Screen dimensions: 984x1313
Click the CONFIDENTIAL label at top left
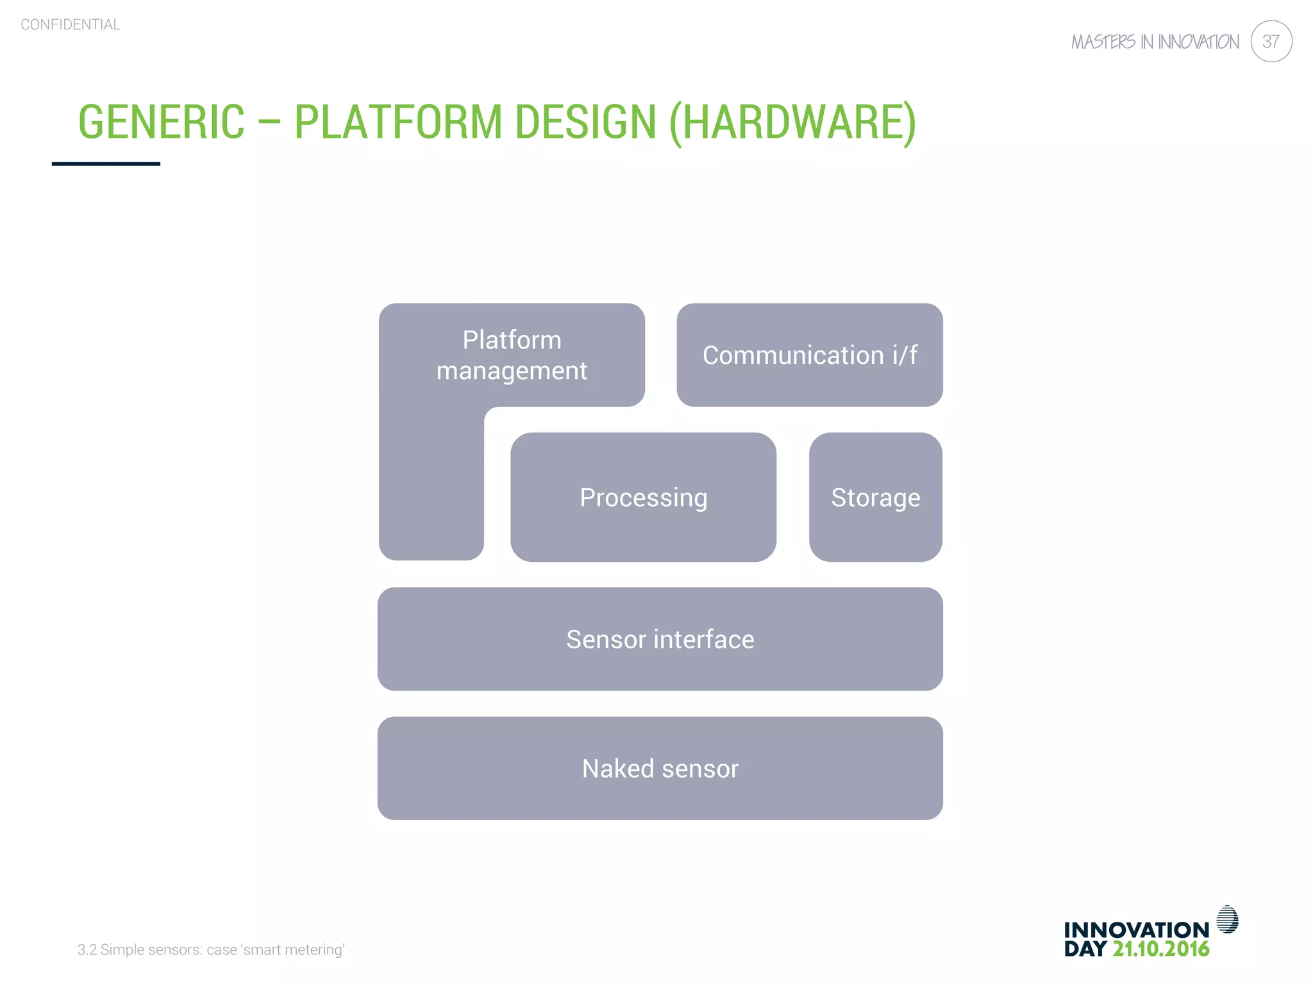pyautogui.click(x=71, y=25)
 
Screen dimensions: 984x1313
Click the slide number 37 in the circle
pyautogui.click(x=1271, y=42)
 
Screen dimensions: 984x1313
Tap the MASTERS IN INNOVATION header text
pyautogui.click(x=1155, y=42)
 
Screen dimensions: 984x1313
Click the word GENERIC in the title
pyautogui.click(x=162, y=122)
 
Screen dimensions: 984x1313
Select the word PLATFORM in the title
pyautogui.click(x=398, y=122)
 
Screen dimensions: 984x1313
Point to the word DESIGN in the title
pyautogui.click(x=585, y=122)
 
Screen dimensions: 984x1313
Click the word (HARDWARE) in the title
pyautogui.click(x=792, y=122)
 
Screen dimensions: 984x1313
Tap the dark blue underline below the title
pyautogui.click(x=106, y=164)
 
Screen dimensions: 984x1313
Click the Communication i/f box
pyautogui.click(x=809, y=355)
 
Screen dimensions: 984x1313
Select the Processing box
pyautogui.click(x=643, y=497)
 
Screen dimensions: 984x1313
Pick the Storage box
pyautogui.click(x=875, y=497)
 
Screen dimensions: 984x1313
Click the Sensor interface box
pyautogui.click(x=660, y=639)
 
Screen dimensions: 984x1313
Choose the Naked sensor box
pyautogui.click(x=660, y=768)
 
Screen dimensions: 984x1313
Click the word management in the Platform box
pyautogui.click(x=512, y=372)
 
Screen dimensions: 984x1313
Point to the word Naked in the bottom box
pyautogui.click(x=617, y=768)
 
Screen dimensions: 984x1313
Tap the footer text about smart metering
pyautogui.click(x=211, y=949)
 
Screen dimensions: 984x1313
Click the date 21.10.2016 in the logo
pyautogui.click(x=1160, y=949)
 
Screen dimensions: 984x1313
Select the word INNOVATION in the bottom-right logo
pyautogui.click(x=1136, y=930)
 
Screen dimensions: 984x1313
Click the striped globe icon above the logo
pyautogui.click(x=1227, y=919)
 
